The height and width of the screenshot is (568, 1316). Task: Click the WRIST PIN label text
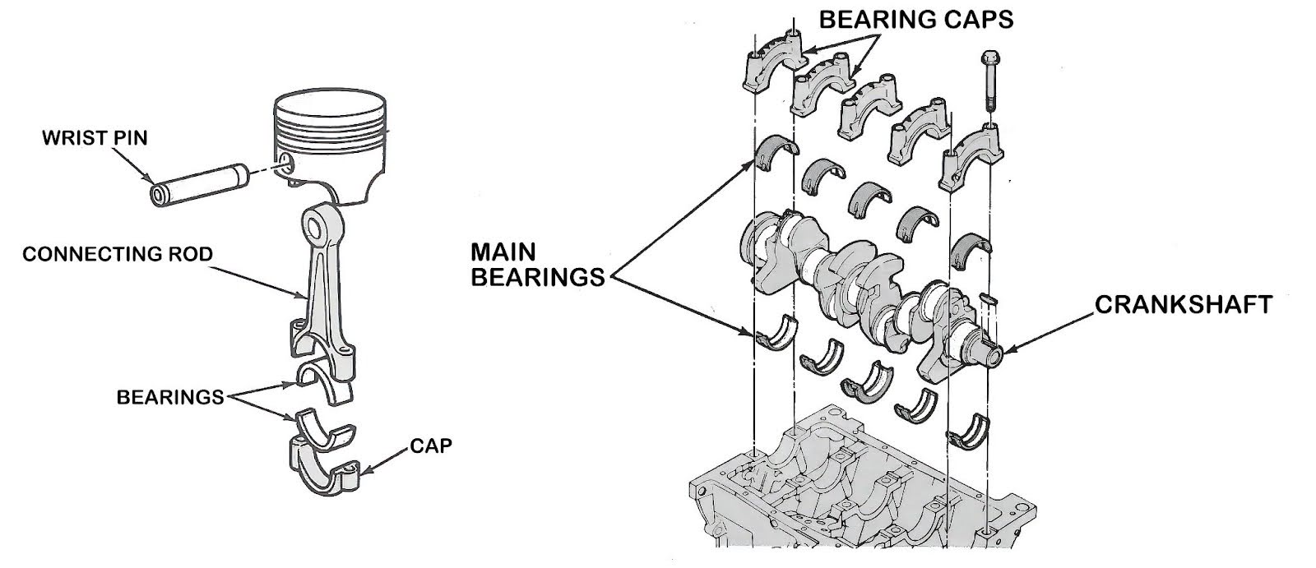click(x=95, y=137)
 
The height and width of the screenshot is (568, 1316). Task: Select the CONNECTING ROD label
click(x=117, y=255)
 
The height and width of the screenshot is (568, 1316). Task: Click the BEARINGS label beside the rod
click(x=169, y=398)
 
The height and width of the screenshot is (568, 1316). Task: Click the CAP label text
click(x=430, y=447)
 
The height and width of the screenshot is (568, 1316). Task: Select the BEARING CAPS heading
click(x=914, y=19)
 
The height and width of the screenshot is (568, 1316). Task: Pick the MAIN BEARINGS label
click(x=536, y=265)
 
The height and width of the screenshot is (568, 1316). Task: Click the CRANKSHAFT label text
click(x=1183, y=305)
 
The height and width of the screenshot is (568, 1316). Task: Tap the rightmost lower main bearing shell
click(x=972, y=431)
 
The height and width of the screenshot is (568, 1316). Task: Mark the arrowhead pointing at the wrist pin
click(x=150, y=179)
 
